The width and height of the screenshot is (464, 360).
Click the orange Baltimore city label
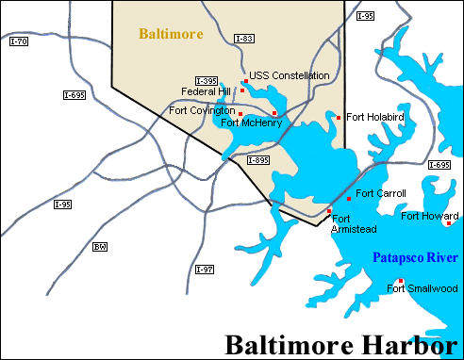171,34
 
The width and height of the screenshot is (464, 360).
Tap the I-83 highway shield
242,39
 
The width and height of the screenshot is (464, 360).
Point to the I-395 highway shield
207,80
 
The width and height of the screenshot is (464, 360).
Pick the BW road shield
100,247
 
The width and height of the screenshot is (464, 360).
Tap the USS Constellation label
290,75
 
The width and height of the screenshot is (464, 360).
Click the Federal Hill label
206,91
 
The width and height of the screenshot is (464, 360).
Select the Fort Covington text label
202,109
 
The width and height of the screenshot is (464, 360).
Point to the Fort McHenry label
246,122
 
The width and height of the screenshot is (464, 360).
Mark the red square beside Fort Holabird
339,118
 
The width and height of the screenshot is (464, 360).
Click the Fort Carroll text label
381,193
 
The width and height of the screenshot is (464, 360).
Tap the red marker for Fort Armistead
329,211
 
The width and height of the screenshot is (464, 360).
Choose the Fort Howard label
429,216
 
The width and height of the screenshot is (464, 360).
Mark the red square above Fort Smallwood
401,281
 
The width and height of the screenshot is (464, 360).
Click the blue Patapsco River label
408,256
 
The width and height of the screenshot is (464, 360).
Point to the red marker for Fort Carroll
349,199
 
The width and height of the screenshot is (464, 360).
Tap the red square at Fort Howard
449,223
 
